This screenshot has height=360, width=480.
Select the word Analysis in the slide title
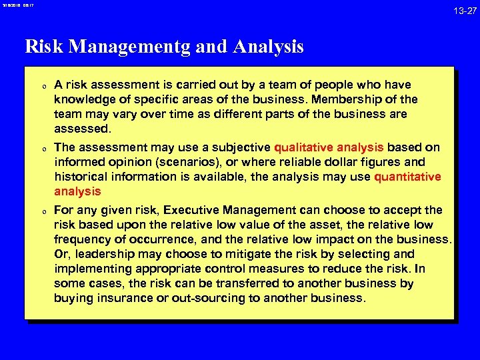click(x=269, y=47)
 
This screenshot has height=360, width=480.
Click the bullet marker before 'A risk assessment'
click(x=42, y=85)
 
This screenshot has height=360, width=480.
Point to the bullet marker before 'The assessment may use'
click(x=42, y=148)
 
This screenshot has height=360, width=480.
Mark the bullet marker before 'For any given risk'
click(x=42, y=211)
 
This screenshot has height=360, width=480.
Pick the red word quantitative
click(x=407, y=177)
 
